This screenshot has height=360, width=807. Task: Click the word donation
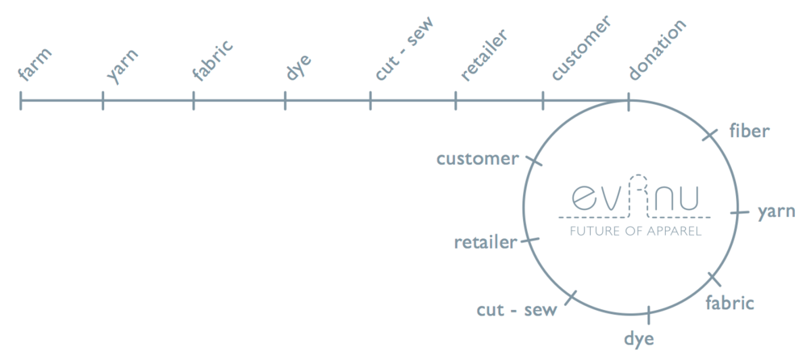(x=657, y=49)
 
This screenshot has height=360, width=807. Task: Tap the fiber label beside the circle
(x=750, y=130)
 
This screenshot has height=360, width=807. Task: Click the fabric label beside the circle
(x=730, y=303)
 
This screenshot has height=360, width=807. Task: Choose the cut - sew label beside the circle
(x=517, y=310)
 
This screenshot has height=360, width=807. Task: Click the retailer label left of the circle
(x=485, y=242)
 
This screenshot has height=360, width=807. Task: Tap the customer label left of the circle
(x=477, y=158)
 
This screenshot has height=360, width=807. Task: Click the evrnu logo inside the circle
(x=633, y=196)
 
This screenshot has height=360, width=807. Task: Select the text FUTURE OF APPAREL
(x=635, y=231)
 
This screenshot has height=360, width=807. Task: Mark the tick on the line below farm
(x=21, y=101)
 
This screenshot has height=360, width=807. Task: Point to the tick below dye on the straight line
(x=285, y=101)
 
